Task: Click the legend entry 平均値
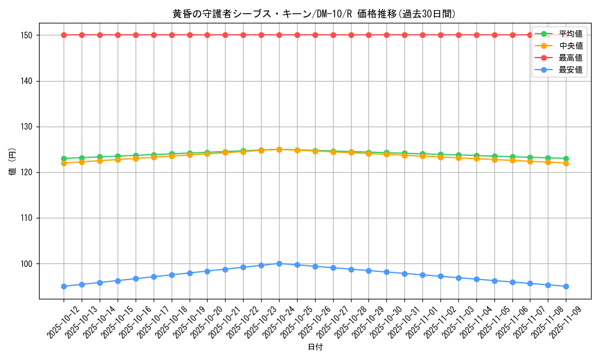tap(570, 34)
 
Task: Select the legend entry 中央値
tap(570, 46)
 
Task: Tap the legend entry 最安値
tap(570, 70)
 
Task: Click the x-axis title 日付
tap(315, 347)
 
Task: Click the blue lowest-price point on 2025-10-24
tap(279, 263)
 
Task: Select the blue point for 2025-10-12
tap(64, 286)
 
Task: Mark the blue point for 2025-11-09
tap(566, 286)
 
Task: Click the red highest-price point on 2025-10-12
tap(64, 35)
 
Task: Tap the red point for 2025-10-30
tap(386, 35)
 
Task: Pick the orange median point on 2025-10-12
tap(64, 163)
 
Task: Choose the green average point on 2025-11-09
tap(566, 158)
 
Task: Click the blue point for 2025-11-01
tap(422, 275)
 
